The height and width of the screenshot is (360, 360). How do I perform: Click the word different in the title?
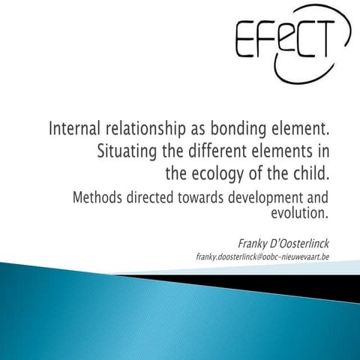pos(217,151)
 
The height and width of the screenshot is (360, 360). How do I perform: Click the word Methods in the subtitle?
pos(100,199)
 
